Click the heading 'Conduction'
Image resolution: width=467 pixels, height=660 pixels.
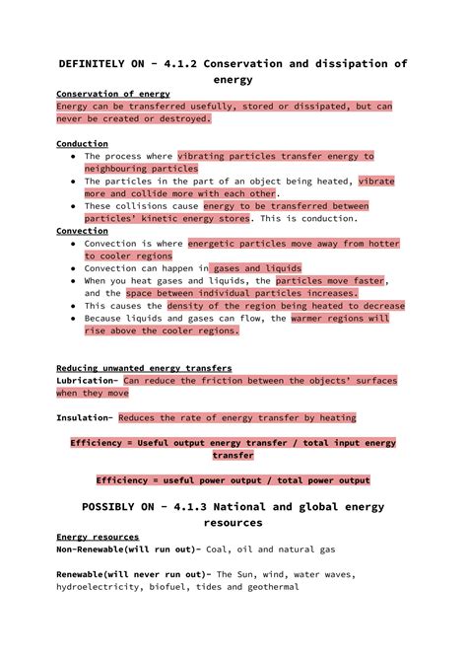[82, 143]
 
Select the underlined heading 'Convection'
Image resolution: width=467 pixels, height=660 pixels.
[82, 230]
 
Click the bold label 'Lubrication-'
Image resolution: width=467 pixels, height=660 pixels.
[88, 380]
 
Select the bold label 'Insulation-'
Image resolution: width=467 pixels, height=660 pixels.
[85, 417]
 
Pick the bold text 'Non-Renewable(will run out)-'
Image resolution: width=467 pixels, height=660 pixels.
[129, 549]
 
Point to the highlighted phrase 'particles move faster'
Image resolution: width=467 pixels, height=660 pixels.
[330, 280]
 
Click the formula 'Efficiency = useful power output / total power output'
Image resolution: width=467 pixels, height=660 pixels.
[233, 480]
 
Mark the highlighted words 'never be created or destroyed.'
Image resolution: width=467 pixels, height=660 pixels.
[133, 118]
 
